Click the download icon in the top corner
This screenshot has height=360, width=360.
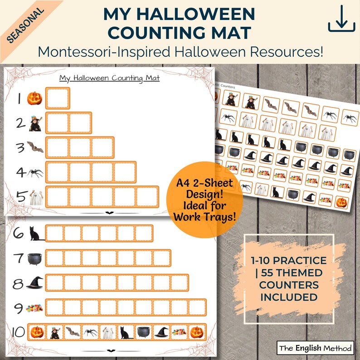coord(341,20)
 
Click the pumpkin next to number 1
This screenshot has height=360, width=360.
coord(34,97)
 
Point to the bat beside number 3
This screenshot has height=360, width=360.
coord(35,147)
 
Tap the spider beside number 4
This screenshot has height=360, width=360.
coord(35,172)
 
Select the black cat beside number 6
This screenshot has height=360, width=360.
coord(36,234)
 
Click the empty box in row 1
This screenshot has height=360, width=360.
coord(58,98)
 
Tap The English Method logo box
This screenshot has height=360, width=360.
coord(315,348)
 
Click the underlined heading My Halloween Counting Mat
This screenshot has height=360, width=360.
coord(113,78)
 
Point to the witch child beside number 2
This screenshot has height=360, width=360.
coord(35,123)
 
